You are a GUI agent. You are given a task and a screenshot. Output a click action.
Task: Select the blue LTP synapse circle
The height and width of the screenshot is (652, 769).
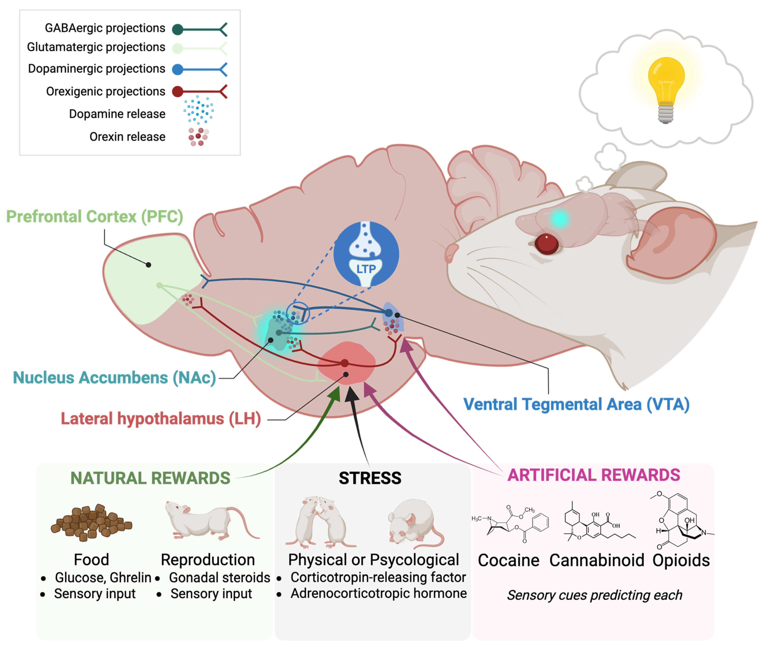coord(366,254)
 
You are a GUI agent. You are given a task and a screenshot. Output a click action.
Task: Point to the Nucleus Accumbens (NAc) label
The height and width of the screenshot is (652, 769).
coord(115,378)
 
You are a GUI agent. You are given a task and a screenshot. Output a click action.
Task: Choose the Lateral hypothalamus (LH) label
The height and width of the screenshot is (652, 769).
coord(161,419)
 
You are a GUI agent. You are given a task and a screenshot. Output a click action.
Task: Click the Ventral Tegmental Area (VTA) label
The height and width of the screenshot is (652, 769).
coord(577,404)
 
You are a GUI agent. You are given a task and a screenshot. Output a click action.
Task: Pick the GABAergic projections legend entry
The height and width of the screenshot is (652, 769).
coord(105,28)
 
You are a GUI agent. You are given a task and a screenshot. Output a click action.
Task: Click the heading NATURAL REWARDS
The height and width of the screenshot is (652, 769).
coord(150,478)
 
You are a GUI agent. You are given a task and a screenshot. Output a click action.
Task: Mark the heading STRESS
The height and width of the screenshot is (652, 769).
coord(370,478)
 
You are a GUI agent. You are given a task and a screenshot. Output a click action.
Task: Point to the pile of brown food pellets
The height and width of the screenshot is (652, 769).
coord(91,523)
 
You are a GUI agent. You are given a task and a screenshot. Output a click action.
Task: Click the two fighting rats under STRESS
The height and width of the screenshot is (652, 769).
coord(320,522)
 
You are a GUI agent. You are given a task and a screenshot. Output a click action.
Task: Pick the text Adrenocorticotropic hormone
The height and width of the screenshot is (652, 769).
coord(378,594)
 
